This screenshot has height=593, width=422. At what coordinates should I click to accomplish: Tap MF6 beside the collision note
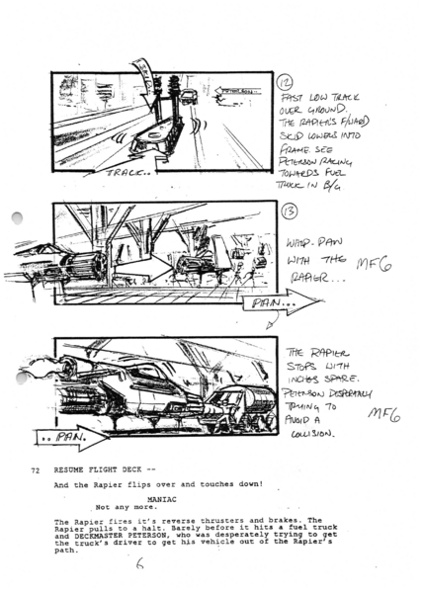click(380, 416)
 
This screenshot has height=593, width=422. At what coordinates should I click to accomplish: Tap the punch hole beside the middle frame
click(18, 221)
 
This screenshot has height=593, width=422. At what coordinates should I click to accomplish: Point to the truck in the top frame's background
click(188, 96)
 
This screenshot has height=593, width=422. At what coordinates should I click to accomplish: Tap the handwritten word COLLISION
click(311, 432)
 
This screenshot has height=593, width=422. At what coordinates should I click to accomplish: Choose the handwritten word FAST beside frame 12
click(294, 101)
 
